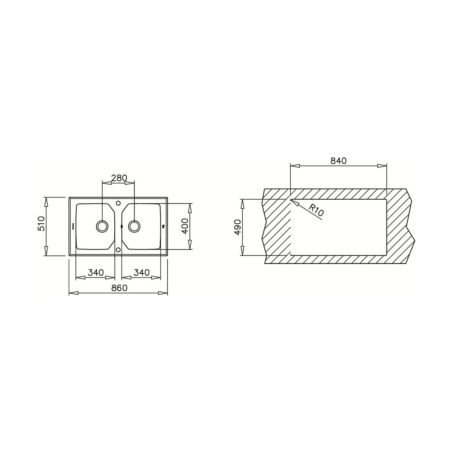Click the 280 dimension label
119,178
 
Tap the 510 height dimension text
41,223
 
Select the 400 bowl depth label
185,226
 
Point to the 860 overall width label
119,288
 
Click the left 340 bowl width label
96,273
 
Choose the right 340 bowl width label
142,273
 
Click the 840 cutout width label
339,161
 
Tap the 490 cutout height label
238,227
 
